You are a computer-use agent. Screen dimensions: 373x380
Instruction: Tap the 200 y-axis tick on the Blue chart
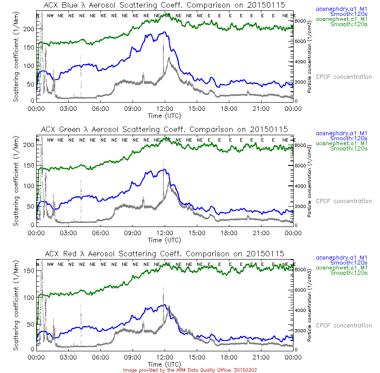29,29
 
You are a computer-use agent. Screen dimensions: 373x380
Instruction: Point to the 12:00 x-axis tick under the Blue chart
165,109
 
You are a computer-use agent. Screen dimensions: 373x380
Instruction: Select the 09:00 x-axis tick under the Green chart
133,233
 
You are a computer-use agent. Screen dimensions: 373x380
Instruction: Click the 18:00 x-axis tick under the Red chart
229,357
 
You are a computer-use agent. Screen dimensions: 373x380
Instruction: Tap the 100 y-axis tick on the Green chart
29,186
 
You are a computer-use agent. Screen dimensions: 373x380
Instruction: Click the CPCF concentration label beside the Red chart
343,326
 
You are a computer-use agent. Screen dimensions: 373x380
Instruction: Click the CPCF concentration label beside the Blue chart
343,77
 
